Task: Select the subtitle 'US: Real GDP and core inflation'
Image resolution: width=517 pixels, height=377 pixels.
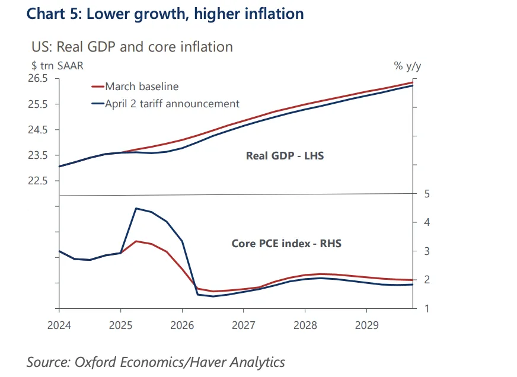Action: [132, 47]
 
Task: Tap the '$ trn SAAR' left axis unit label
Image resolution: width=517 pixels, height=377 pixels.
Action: [57, 66]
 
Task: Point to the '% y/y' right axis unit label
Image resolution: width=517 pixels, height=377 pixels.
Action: [407, 66]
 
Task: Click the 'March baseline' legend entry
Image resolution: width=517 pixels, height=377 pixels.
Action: [142, 87]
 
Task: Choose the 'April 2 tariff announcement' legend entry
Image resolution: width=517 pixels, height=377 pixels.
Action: [172, 104]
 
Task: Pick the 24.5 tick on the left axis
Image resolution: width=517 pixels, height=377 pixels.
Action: [38, 130]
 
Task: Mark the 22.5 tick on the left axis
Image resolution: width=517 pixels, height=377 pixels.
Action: [38, 181]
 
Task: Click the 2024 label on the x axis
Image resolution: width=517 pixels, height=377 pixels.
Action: [59, 325]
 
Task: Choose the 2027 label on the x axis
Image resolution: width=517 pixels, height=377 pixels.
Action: [243, 325]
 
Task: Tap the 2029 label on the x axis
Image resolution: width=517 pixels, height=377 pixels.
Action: [366, 325]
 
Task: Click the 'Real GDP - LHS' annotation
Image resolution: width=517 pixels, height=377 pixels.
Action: [285, 156]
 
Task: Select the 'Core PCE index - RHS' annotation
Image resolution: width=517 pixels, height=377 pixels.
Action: [286, 243]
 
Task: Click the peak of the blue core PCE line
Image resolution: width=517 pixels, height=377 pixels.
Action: [136, 208]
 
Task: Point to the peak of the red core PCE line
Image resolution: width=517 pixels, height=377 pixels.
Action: [136, 241]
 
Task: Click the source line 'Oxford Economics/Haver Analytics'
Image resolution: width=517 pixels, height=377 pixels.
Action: [155, 362]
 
